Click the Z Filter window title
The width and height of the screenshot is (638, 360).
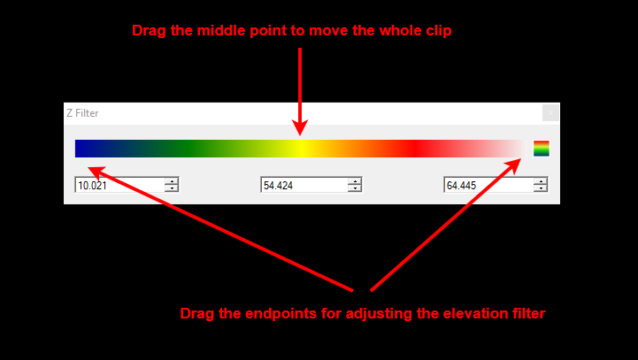(82, 113)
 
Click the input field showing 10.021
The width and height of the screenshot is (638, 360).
(120, 185)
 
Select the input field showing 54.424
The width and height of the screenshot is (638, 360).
(304, 185)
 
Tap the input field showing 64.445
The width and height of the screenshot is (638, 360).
(488, 185)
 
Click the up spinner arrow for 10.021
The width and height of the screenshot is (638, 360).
(173, 181)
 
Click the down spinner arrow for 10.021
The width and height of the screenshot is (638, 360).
(173, 188)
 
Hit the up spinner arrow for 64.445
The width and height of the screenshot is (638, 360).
(541, 181)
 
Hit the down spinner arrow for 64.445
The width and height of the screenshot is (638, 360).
(541, 188)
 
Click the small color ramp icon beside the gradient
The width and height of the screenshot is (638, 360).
(542, 149)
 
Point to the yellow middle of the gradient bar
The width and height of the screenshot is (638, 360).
(301, 149)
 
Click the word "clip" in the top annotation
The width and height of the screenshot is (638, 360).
(438, 31)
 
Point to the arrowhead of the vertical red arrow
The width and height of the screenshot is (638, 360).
(300, 127)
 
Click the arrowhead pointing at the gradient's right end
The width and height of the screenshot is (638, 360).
(515, 165)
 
